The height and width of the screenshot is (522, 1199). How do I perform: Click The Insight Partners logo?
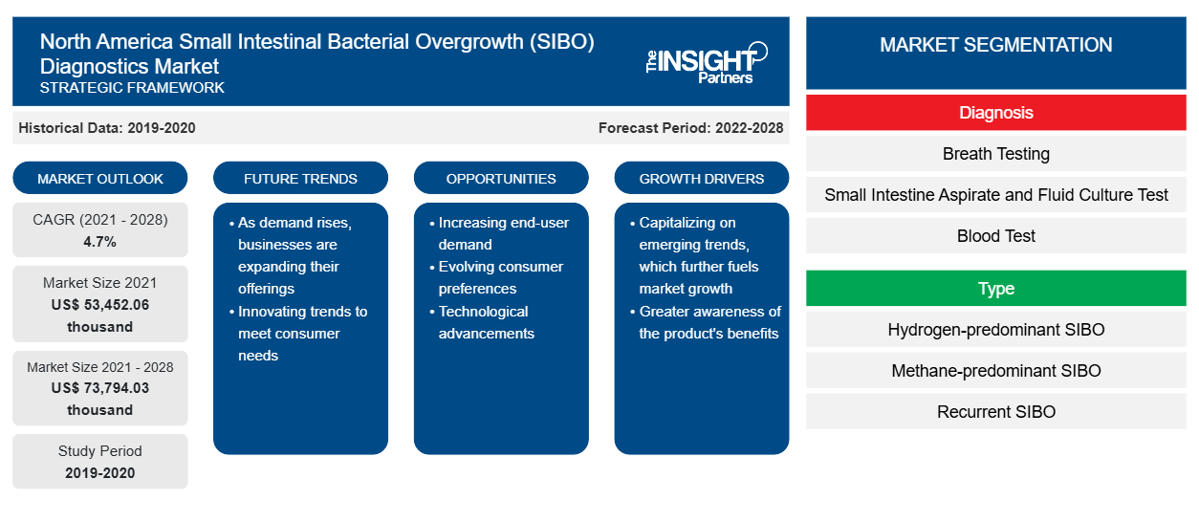[x=707, y=63]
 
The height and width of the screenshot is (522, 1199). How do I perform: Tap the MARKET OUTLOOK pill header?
[x=100, y=178]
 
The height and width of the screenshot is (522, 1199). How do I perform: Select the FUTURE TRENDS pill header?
[x=300, y=178]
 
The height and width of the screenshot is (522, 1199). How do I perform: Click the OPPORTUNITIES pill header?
[x=501, y=178]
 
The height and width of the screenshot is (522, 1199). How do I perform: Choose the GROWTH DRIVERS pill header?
[x=701, y=178]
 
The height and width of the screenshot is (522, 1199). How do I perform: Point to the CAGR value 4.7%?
[x=99, y=242]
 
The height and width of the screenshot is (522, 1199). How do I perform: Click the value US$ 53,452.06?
[x=100, y=305]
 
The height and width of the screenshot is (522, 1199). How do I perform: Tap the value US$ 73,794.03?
[x=100, y=388]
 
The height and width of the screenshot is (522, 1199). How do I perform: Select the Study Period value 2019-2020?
[x=100, y=473]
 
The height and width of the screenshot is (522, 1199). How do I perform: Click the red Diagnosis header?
[x=996, y=113]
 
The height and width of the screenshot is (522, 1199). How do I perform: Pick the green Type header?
[x=996, y=288]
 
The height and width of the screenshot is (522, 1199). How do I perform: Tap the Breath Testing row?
[x=996, y=154]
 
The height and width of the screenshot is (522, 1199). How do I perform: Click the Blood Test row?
[x=996, y=235]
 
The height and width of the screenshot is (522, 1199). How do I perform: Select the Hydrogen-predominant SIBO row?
[x=996, y=329]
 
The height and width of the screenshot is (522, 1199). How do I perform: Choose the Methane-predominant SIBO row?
[x=996, y=371]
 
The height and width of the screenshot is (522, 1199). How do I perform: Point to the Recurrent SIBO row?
[x=996, y=412]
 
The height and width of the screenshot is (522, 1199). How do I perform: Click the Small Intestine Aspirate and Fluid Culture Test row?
[x=996, y=195]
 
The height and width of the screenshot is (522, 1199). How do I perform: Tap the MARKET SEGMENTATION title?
[x=996, y=44]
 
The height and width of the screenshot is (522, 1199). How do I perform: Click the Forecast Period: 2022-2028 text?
[x=690, y=128]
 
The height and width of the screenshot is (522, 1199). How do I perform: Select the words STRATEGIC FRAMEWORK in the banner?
[x=132, y=88]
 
